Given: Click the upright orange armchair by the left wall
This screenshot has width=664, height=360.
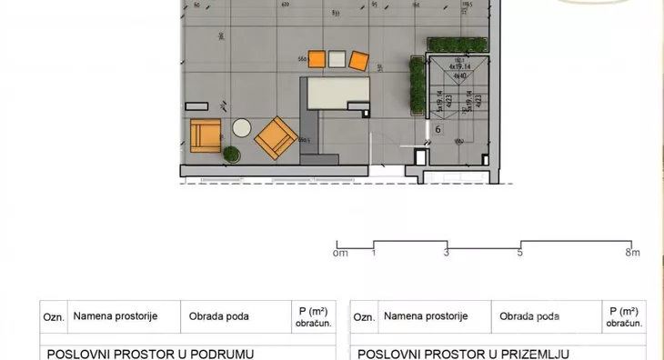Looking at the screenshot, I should [206, 137].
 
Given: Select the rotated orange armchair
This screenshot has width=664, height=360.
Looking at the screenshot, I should [276, 138].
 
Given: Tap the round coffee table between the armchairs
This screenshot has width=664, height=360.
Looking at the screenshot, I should [242, 128].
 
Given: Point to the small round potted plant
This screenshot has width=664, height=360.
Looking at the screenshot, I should [233, 154].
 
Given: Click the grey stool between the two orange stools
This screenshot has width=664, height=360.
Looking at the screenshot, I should [337, 60].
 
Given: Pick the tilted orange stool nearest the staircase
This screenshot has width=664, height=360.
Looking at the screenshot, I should [359, 61].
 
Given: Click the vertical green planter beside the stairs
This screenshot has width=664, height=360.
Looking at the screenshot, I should [418, 87].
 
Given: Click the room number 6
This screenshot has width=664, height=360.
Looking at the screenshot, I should [438, 130].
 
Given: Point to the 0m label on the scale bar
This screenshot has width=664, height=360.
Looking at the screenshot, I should [341, 253].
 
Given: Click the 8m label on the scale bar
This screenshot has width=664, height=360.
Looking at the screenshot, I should [633, 253].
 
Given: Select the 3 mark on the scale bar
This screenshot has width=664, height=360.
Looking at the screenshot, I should [446, 253].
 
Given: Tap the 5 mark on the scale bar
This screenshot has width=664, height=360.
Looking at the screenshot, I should [520, 253].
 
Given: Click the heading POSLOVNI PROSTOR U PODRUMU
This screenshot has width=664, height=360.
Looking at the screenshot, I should [150, 354].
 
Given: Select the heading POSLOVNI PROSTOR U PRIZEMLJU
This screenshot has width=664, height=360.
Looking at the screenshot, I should [464, 354].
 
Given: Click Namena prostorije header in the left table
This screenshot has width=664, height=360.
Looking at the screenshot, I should [116, 316].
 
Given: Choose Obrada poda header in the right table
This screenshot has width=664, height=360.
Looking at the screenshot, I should [529, 317].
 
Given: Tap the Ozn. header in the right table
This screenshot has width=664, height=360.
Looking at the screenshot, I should [364, 317].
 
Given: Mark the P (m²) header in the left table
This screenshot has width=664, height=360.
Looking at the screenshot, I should [312, 316].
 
